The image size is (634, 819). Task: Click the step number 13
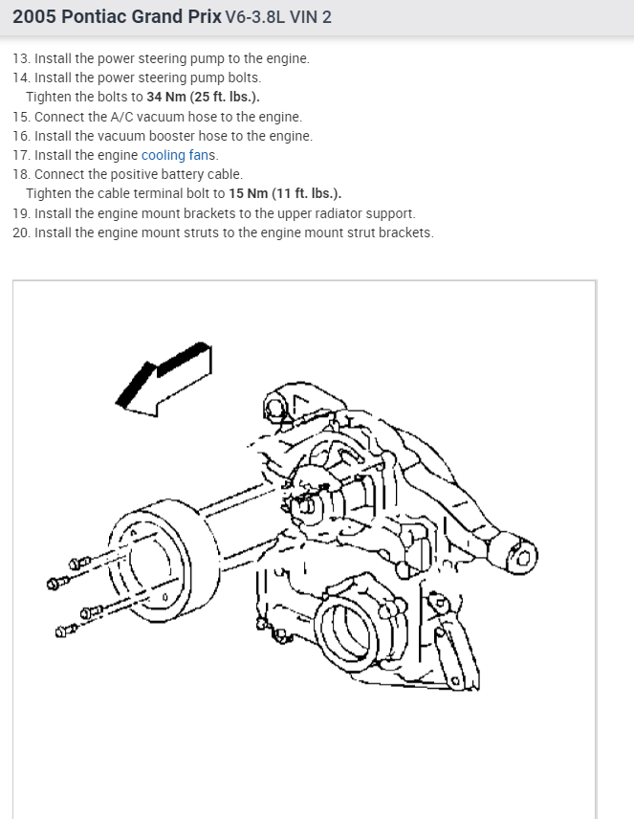(20, 58)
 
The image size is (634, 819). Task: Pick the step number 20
(21, 232)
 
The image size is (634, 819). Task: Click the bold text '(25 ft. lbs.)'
(223, 97)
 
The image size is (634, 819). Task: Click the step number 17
(20, 155)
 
